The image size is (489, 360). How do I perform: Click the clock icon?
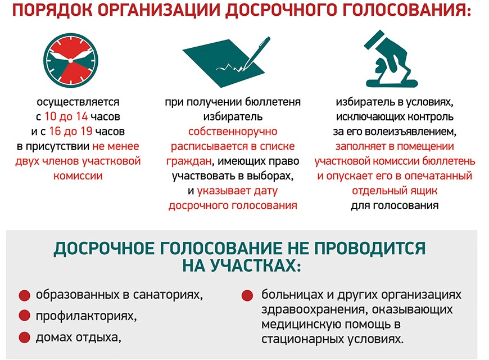coord(71,60)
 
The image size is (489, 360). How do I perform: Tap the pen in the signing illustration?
coord(256,53)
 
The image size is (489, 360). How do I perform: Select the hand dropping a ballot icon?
coord(391,58)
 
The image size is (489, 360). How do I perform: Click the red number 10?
coord(50,116)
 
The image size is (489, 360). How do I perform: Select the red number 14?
coord(81,116)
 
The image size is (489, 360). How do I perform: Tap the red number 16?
coord(55,131)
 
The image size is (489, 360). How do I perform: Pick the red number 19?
coord(87,131)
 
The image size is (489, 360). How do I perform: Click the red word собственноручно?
coord(233,132)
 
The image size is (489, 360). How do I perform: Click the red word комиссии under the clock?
coord(78,176)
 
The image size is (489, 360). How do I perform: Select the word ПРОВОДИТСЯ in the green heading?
coord(369,249)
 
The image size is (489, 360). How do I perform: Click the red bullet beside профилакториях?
coord(24,316)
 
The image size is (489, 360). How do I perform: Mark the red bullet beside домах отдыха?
coord(24,337)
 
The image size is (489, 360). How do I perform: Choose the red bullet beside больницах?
coord(247,295)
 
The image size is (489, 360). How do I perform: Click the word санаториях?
coord(168,295)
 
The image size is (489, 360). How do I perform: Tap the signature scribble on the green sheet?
coord(229,67)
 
